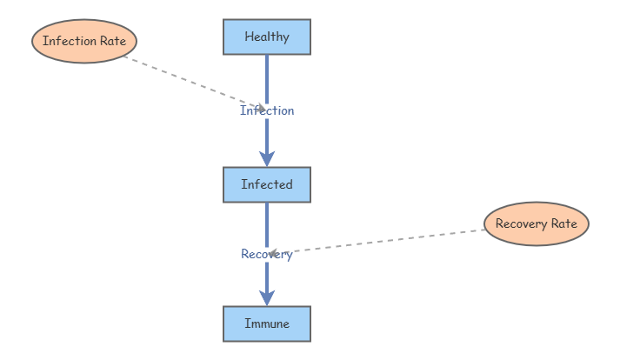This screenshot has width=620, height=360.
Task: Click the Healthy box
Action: pos(267,37)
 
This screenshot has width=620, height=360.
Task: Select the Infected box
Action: pos(267,184)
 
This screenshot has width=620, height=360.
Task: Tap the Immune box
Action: pos(267,323)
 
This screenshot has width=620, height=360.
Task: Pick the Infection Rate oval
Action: pos(84,41)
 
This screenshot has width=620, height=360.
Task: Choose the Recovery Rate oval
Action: pos(537,224)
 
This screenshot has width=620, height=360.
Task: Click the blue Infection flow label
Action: pos(267,110)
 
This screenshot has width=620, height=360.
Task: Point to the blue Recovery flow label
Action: pos(267,254)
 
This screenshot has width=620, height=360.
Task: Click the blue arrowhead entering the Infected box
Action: pos(267,158)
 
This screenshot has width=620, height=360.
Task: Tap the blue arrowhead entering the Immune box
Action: pos(267,297)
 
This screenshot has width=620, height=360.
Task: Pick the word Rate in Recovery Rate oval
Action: pos(563,224)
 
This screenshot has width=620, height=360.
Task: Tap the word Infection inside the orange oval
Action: pos(70,41)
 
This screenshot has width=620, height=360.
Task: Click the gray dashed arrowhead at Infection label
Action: pos(260,108)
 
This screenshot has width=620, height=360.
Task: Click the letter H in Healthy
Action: pos(249,37)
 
